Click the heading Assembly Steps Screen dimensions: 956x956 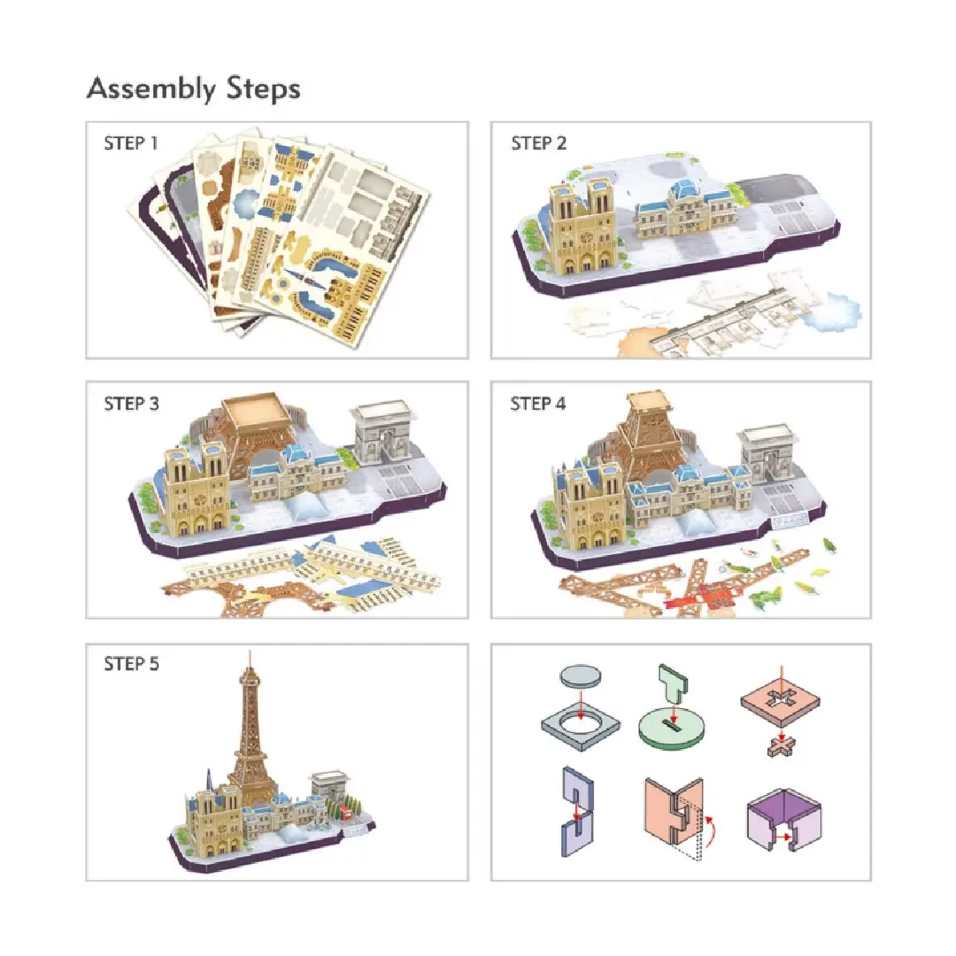click(x=193, y=89)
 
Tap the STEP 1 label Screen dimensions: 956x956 click(x=130, y=143)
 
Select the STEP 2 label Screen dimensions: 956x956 click(x=538, y=143)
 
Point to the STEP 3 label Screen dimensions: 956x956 click(x=131, y=404)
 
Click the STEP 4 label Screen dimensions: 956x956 click(x=538, y=404)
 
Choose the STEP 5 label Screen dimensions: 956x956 click(x=131, y=663)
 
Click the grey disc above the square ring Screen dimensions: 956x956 click(x=580, y=675)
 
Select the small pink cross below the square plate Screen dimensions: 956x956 click(x=782, y=745)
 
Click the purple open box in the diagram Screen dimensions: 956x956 click(x=784, y=819)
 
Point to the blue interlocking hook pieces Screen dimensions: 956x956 click(x=577, y=812)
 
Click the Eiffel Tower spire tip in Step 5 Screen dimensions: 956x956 click(x=250, y=651)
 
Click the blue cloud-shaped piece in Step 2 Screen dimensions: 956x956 click(x=831, y=312)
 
